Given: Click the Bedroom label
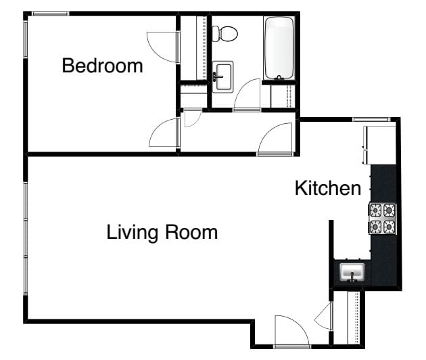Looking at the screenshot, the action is tap(102, 66).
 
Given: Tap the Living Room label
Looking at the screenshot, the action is tap(162, 233).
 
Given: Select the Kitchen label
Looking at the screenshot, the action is tap(328, 188).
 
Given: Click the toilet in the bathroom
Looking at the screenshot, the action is tap(224, 34).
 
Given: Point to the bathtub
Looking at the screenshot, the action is tap(279, 48).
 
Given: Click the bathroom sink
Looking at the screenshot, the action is tap(222, 77).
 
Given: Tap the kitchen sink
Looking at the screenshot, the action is tap(352, 273).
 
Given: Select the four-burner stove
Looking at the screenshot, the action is tap(382, 219).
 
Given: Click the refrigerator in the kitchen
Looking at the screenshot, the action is tap(379, 145).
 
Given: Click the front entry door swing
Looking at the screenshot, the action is tap(291, 332).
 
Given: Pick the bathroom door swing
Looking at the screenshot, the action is tap(247, 95).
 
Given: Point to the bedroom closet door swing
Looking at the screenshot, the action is tap(163, 47).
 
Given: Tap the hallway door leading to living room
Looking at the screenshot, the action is tap(275, 139).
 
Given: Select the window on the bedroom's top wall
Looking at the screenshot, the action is tap(50, 14).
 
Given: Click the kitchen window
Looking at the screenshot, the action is tap(371, 119).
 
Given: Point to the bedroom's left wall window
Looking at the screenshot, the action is tap(25, 39).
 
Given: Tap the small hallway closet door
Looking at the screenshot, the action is tap(193, 118).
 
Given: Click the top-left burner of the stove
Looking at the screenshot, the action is tap(376, 210).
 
